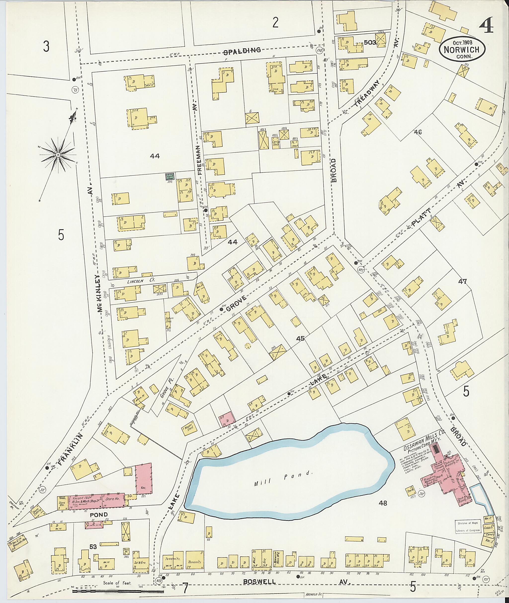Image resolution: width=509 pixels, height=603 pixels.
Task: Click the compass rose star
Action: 58,155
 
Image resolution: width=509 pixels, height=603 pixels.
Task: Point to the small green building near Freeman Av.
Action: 169,177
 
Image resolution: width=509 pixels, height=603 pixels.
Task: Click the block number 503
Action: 370,43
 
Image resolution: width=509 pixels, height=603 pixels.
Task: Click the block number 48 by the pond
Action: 383,503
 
